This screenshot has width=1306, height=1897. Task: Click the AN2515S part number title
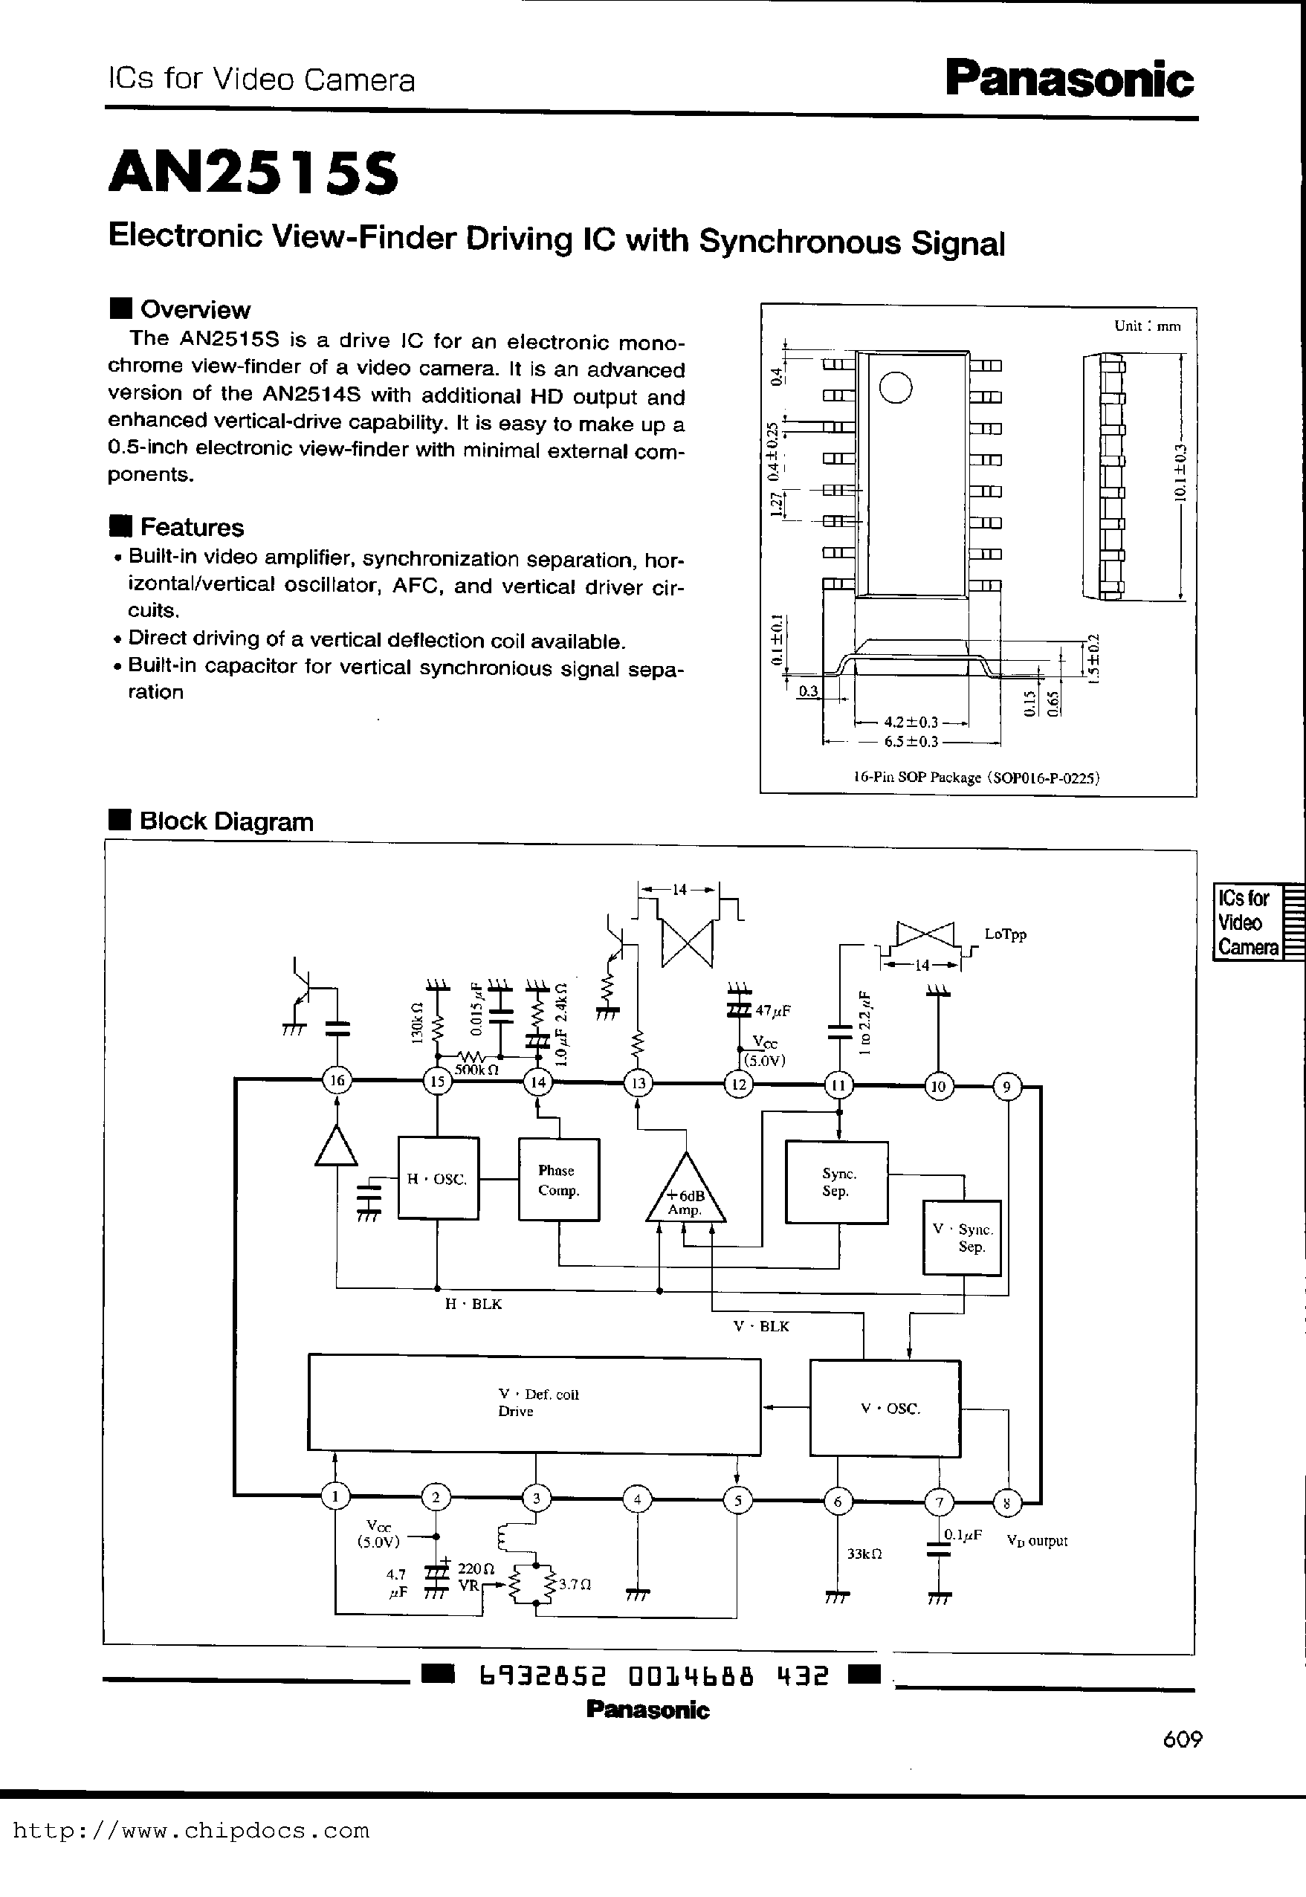[x=253, y=173]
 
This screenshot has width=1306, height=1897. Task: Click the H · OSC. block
[x=438, y=1178]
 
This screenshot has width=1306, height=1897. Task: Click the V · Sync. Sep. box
[x=963, y=1238]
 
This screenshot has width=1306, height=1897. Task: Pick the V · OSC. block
[x=885, y=1409]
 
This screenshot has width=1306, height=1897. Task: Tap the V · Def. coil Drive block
[x=534, y=1403]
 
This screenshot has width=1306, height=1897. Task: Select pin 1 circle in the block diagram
[x=334, y=1497]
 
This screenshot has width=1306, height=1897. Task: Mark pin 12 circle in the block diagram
[x=739, y=1085]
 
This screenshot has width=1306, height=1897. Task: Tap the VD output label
[x=1037, y=1540]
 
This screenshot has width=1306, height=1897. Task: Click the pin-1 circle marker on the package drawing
[x=896, y=387]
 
